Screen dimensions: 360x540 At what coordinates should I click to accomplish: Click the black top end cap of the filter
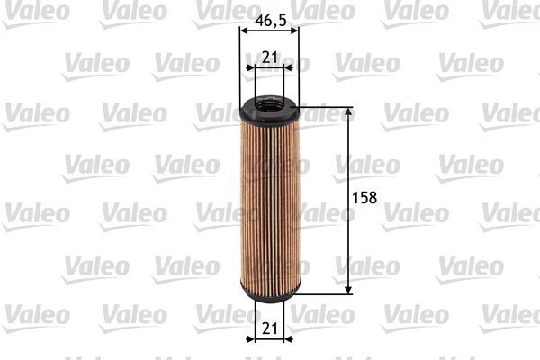pos(269,112)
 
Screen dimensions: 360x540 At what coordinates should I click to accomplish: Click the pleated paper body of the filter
pos(269,202)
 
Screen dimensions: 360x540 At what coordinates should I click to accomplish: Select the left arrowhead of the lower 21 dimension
pos(252,340)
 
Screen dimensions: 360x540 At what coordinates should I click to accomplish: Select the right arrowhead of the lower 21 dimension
pos(285,340)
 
